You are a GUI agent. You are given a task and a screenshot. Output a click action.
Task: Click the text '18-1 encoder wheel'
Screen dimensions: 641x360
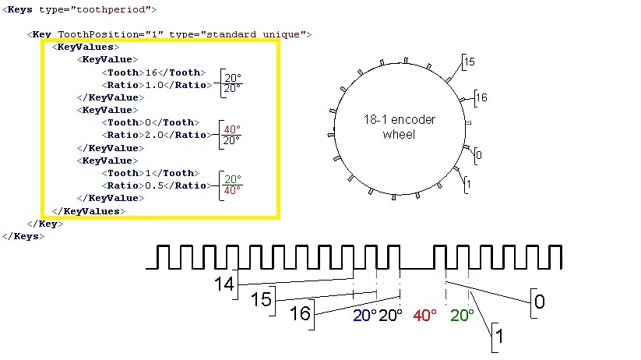tap(400, 127)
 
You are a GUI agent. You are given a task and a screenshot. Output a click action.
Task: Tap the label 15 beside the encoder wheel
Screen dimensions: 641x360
tap(470, 62)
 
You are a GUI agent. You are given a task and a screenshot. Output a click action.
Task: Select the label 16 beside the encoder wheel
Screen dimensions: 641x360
tap(481, 97)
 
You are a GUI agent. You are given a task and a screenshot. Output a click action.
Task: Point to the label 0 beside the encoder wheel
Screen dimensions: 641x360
tap(479, 155)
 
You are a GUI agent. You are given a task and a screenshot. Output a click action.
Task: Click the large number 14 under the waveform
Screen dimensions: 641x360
tap(224, 284)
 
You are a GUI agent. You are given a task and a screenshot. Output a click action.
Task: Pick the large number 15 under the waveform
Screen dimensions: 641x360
tap(261, 299)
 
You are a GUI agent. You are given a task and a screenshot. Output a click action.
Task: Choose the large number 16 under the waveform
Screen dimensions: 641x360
tap(300, 314)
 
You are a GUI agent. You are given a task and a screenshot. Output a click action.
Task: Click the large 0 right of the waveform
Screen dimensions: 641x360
tap(540, 302)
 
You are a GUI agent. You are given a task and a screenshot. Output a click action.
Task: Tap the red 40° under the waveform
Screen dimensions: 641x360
tap(424, 315)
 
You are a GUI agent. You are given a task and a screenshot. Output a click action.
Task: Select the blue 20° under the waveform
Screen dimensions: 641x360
tap(365, 316)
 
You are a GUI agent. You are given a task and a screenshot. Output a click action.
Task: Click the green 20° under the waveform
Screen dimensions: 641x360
tap(462, 315)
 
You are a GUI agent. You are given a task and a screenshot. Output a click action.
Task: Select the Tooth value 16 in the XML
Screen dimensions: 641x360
tap(151, 72)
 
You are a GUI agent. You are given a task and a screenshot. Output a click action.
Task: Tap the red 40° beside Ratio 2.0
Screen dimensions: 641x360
tap(232, 129)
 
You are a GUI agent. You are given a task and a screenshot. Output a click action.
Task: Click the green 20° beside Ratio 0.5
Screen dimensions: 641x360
tap(233, 179)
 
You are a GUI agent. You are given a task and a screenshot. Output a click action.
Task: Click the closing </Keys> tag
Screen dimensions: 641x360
tap(23, 236)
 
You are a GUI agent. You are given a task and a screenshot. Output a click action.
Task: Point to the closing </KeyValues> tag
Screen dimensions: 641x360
tap(88, 211)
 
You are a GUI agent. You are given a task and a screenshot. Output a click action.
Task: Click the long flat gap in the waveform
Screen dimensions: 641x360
tap(416, 268)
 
